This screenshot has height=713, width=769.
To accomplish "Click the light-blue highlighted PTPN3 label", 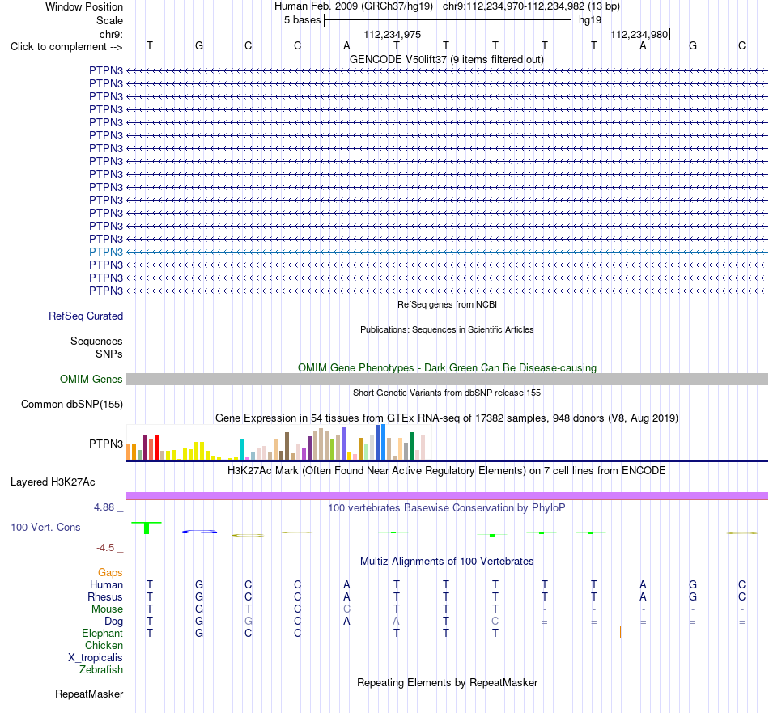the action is point(106,252).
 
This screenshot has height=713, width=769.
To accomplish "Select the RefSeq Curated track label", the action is point(86,316).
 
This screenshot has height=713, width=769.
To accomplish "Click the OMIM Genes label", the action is point(91,379).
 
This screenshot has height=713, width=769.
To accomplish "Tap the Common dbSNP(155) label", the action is point(72,405).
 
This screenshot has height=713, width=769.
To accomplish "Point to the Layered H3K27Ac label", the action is point(53,482).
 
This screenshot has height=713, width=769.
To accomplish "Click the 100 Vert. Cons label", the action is point(45,527).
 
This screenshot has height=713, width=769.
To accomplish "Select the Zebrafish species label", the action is point(101,670).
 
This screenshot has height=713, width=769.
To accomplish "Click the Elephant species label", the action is point(103,634).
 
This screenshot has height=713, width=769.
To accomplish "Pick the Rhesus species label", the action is point(105,597).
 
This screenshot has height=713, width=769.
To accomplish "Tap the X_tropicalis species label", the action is point(96,658).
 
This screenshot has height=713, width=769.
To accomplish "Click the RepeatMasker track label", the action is point(89,694).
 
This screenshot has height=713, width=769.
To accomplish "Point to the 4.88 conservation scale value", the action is point(104,507).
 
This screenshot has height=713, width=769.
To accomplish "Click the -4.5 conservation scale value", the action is point(105,548).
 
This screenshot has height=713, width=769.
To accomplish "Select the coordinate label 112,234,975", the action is point(393,35).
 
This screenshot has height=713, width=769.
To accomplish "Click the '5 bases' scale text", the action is point(302,20).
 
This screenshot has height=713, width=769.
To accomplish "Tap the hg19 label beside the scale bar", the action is point(590,20).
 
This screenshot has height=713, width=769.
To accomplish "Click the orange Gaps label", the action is point(110,573).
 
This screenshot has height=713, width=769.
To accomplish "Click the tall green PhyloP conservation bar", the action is point(147,528).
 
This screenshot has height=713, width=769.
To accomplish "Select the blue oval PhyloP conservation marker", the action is point(200,532).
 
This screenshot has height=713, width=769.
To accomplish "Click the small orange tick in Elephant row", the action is point(620,632).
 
